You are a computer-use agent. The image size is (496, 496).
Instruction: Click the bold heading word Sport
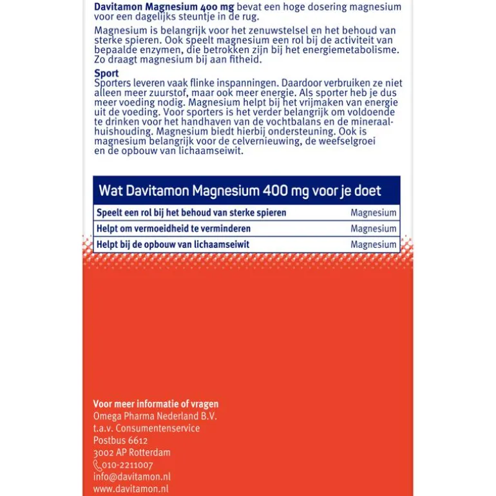pyautogui.click(x=106, y=73)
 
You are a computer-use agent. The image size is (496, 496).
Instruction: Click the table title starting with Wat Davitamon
pyautogui.click(x=240, y=191)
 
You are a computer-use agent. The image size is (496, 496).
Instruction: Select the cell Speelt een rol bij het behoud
pyautogui.click(x=191, y=213)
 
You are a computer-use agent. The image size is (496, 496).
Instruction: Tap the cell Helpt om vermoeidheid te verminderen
pyautogui.click(x=173, y=229)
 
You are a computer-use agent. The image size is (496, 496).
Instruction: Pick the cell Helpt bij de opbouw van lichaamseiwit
pyautogui.click(x=173, y=245)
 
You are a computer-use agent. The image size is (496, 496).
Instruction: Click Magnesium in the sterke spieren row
pyautogui.click(x=374, y=213)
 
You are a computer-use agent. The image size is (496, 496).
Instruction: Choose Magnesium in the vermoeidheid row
pyautogui.click(x=374, y=229)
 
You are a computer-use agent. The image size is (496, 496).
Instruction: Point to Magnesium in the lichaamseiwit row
pyautogui.click(x=374, y=245)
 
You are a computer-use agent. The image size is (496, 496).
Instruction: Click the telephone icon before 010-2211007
pyautogui.click(x=97, y=465)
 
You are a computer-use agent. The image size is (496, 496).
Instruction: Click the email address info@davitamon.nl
pyautogui.click(x=131, y=477)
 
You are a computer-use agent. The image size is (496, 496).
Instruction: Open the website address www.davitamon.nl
pyautogui.click(x=131, y=490)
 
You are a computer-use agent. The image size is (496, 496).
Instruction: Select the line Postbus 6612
pyautogui.click(x=120, y=441)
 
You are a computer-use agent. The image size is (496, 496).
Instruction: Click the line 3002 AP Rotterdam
pyautogui.click(x=132, y=453)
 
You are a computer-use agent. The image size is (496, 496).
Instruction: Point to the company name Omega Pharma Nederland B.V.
pyautogui.click(x=155, y=416)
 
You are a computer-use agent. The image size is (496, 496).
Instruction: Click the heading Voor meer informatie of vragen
pyautogui.click(x=156, y=404)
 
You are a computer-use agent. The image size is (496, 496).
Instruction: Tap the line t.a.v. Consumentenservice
pyautogui.click(x=147, y=428)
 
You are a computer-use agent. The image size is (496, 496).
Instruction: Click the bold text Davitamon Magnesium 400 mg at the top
pyautogui.click(x=164, y=7)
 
